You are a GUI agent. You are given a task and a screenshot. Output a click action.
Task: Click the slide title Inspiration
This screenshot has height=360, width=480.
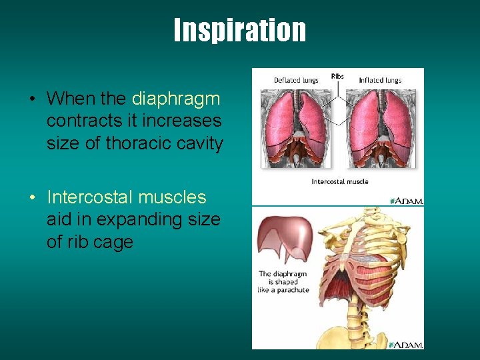pos(240,30)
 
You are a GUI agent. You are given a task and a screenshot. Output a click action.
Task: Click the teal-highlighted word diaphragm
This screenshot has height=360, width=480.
pos(176,99)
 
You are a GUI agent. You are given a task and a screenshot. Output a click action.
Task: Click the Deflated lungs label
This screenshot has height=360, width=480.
pos(296,81)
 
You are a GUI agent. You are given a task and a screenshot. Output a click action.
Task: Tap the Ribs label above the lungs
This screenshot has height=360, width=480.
pos(338,77)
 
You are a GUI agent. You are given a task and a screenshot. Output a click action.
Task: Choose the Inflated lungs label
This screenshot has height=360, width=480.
pos(380,81)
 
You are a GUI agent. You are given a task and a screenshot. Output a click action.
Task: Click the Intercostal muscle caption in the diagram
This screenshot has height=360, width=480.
pos(340,181)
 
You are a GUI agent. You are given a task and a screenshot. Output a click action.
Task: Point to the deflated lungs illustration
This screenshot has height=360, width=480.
pos(293,127)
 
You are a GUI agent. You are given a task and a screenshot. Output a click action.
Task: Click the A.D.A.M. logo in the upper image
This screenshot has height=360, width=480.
pos(407,200)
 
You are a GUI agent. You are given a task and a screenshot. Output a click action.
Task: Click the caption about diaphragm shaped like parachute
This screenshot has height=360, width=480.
pos(284,281)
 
